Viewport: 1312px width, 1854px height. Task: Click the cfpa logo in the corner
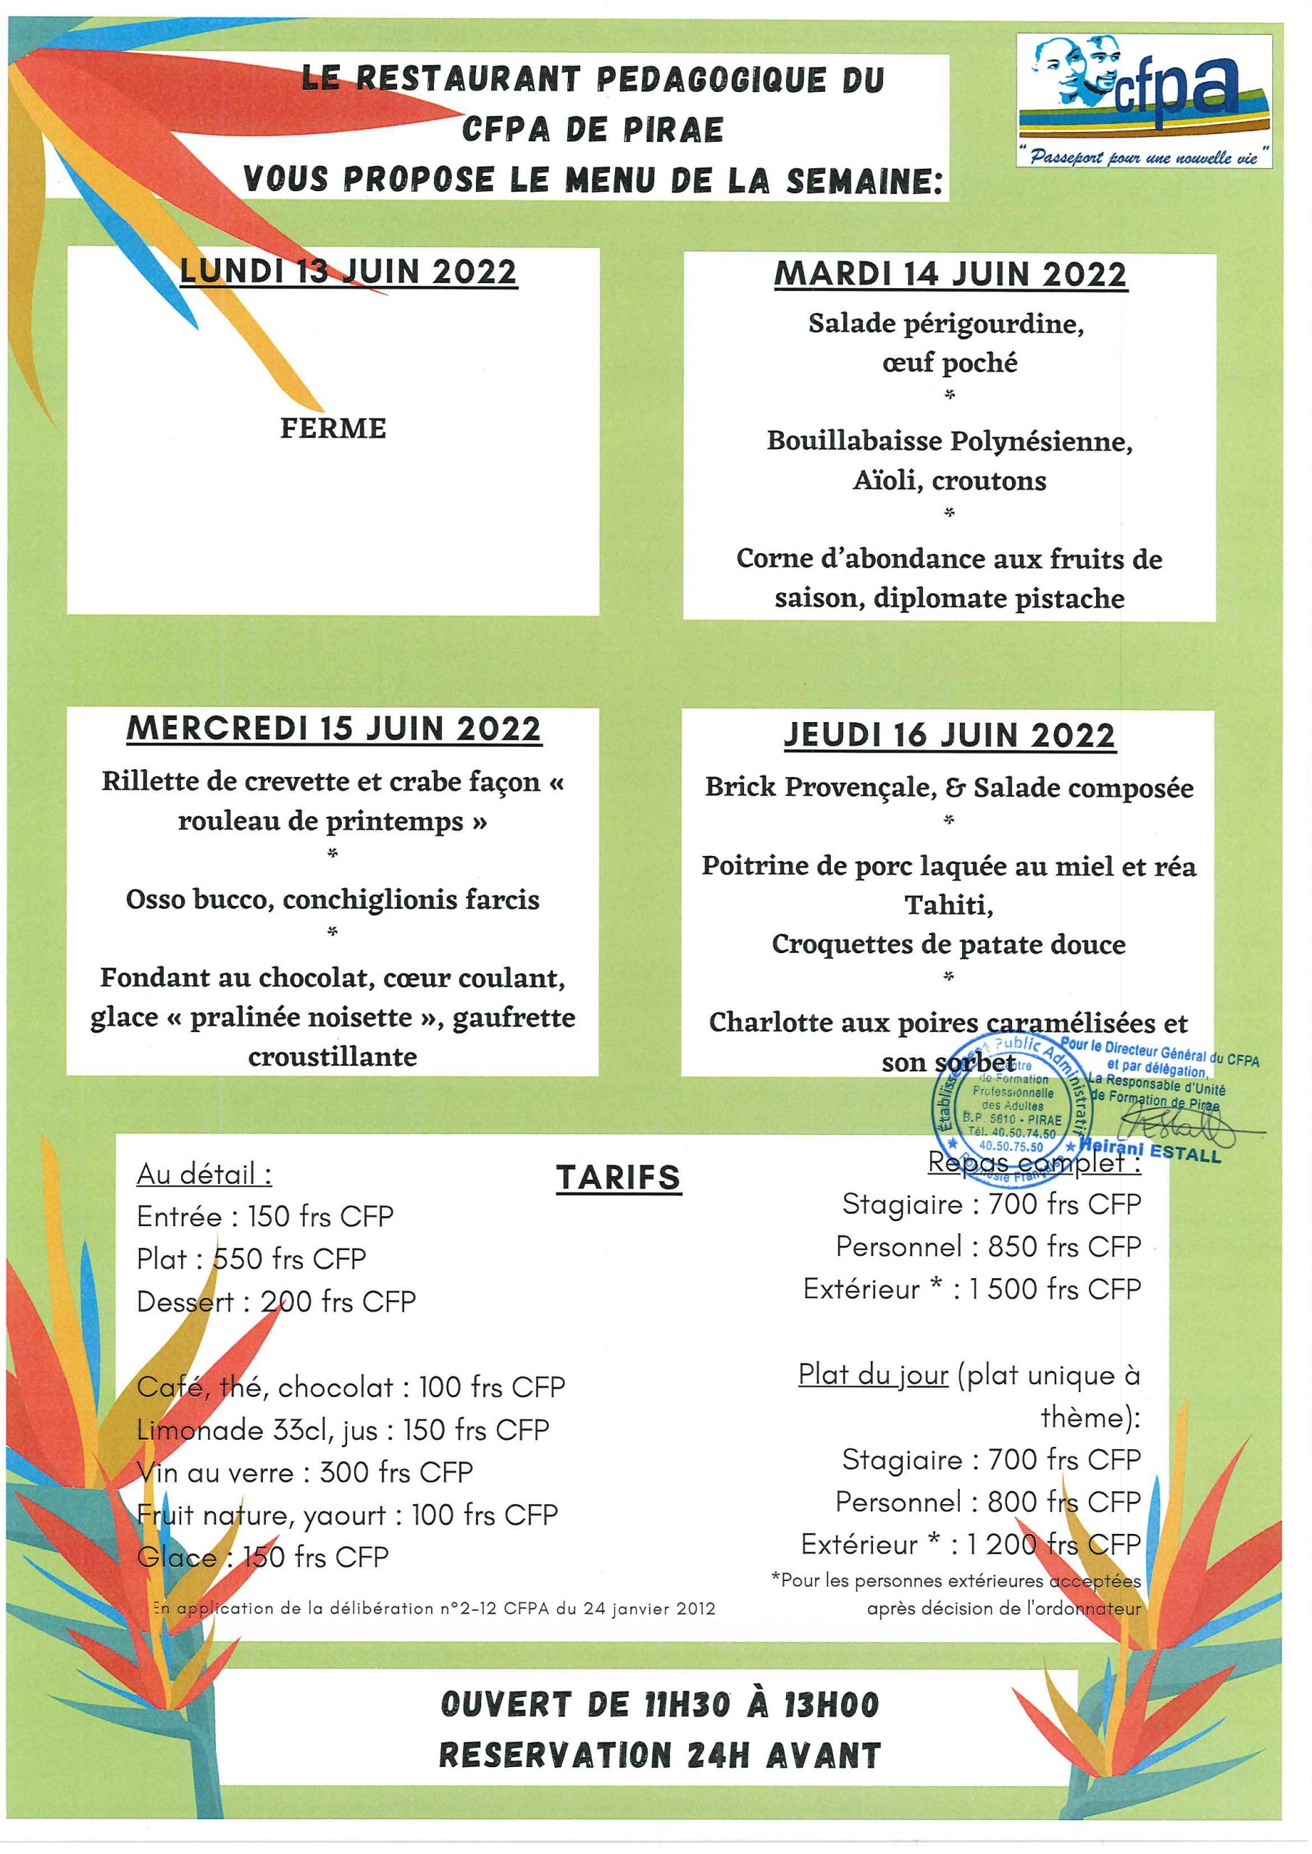click(1143, 99)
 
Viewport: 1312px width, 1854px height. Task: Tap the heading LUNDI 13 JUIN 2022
click(348, 272)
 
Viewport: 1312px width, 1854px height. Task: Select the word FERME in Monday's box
click(333, 428)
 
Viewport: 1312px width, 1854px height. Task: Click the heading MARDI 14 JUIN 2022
click(950, 274)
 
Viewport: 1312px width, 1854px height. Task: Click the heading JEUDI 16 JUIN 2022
click(950, 735)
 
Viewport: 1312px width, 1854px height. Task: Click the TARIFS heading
click(618, 1178)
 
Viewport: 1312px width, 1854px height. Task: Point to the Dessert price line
click(276, 1301)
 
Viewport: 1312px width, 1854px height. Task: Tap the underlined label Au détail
click(204, 1173)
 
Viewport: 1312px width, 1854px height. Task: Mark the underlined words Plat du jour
click(872, 1374)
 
